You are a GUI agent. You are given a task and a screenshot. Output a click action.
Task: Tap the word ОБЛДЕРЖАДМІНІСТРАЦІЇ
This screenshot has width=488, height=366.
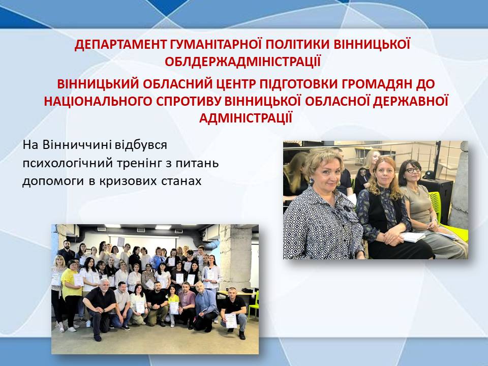click(243, 62)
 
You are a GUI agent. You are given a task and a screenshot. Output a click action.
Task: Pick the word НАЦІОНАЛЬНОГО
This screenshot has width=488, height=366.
click(98, 102)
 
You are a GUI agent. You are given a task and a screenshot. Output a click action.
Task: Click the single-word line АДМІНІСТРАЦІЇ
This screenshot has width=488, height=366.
click(246, 118)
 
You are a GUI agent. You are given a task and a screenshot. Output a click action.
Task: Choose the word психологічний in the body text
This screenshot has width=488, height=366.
click(68, 163)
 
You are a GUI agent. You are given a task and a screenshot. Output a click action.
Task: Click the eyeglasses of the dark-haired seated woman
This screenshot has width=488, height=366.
click(414, 170)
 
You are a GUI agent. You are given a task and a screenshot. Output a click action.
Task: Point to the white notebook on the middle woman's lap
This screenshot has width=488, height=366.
click(412, 237)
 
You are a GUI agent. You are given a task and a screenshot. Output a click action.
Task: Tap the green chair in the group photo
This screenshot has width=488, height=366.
click(254, 306)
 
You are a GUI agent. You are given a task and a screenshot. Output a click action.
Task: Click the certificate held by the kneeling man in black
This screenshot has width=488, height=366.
click(231, 320)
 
